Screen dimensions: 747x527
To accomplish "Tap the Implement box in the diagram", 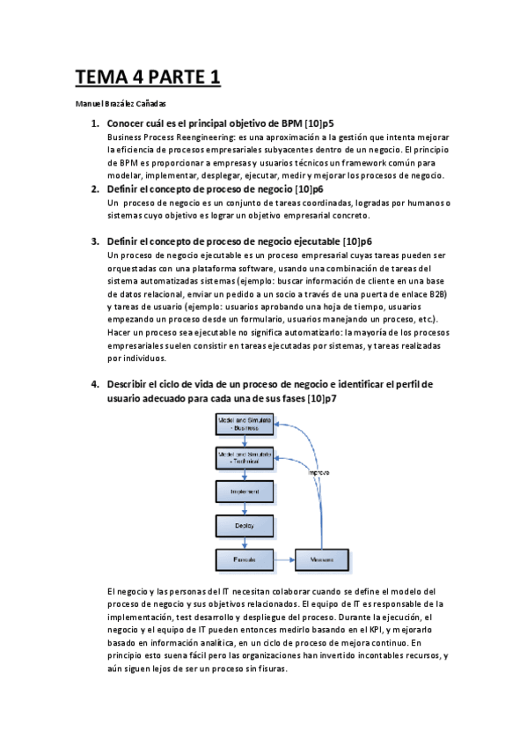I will (244, 491).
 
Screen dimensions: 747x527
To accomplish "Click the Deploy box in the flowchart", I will (244, 525).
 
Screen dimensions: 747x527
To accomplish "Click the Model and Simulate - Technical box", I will (244, 457).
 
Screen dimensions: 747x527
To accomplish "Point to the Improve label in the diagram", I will (318, 473).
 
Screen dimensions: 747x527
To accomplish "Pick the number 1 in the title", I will (213, 78).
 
